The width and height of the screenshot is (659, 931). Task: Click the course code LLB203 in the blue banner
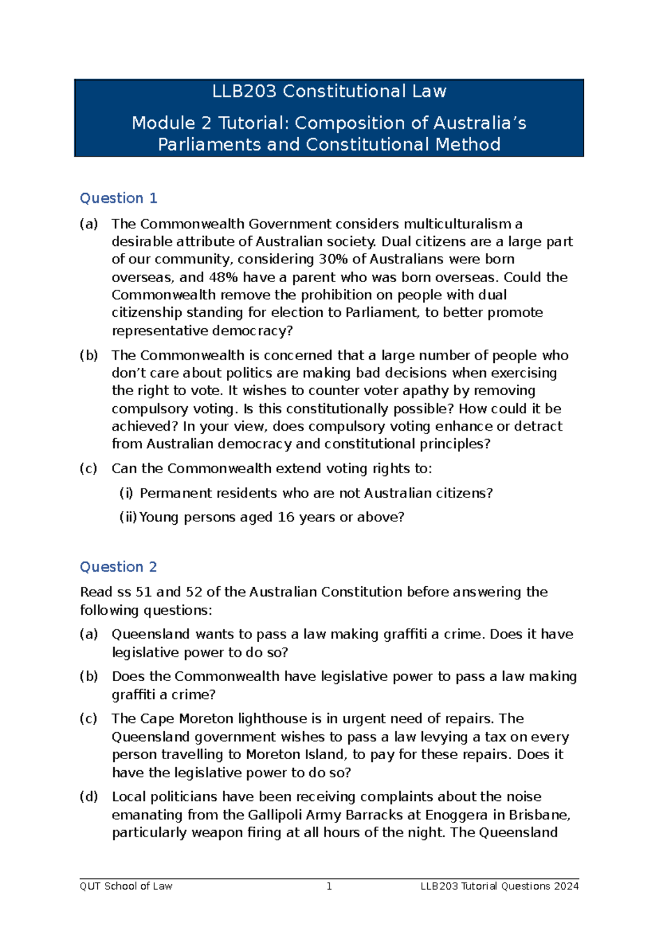244,91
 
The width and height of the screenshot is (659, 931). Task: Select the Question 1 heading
119,198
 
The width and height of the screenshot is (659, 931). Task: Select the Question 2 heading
119,567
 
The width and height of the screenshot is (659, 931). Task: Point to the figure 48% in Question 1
224,277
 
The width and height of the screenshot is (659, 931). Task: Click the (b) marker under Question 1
89,355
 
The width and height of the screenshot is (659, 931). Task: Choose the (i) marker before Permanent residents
126,493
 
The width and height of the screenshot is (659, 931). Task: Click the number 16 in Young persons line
286,517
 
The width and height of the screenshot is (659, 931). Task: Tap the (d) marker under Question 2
89,797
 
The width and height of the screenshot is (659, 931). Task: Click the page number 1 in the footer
329,886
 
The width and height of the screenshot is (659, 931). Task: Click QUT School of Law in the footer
126,886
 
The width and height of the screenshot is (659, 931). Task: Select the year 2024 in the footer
566,886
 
